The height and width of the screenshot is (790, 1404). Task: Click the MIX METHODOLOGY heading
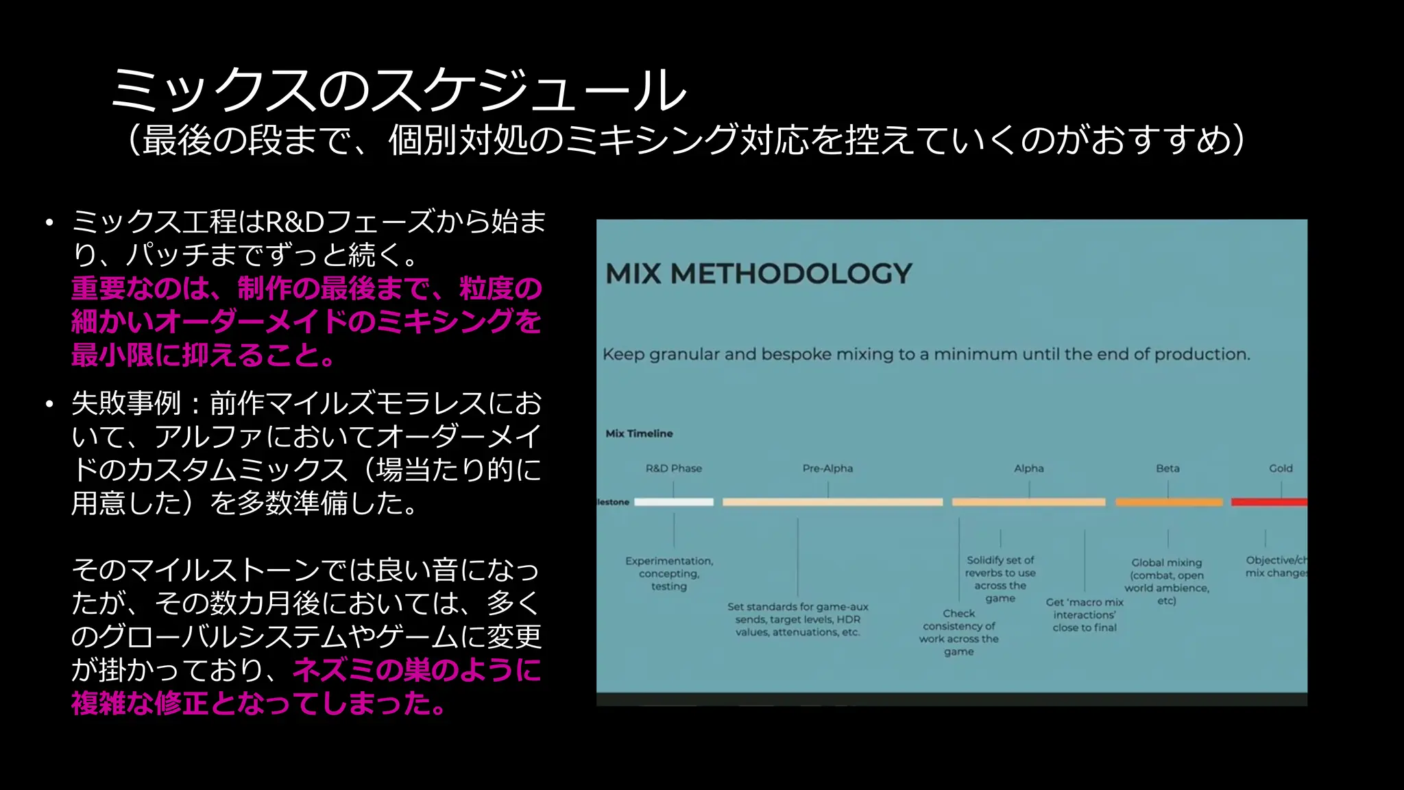coord(759,274)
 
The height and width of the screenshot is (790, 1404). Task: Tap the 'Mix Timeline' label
coord(639,433)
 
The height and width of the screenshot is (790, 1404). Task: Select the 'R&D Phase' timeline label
coord(673,468)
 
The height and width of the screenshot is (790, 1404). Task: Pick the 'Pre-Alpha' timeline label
coord(827,468)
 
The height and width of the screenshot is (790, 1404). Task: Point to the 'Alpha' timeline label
coord(1028,468)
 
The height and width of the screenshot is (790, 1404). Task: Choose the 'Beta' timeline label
coord(1167,468)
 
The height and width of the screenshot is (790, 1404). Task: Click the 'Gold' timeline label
coord(1280,468)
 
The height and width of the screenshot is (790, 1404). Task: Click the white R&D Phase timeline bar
coord(673,502)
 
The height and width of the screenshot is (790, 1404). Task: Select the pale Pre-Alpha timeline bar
coord(832,502)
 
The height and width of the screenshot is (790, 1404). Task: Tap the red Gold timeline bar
coord(1268,502)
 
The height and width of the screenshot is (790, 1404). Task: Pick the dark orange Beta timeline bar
coord(1168,502)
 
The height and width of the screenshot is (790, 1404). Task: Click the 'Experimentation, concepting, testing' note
coord(669,573)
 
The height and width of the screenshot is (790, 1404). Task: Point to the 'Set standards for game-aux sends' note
coord(797,619)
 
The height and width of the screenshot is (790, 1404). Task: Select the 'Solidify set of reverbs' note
coord(1000,579)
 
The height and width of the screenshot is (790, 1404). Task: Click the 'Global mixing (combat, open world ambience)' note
coord(1166,581)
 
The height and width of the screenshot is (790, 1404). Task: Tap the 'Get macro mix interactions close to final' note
coord(1085,614)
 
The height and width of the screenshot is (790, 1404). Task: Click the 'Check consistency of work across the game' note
coord(958,632)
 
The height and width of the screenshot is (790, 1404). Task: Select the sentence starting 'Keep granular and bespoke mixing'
coord(926,355)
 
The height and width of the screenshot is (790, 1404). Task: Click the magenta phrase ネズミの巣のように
coord(417,670)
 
